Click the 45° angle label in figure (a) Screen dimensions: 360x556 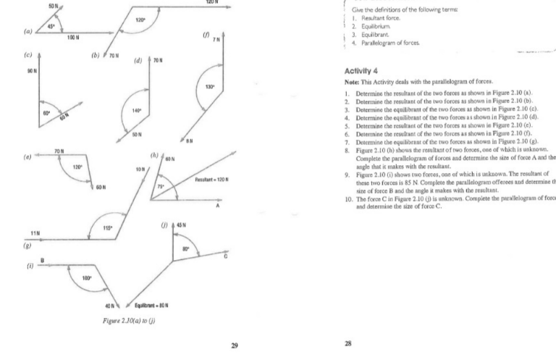click(x=51, y=26)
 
